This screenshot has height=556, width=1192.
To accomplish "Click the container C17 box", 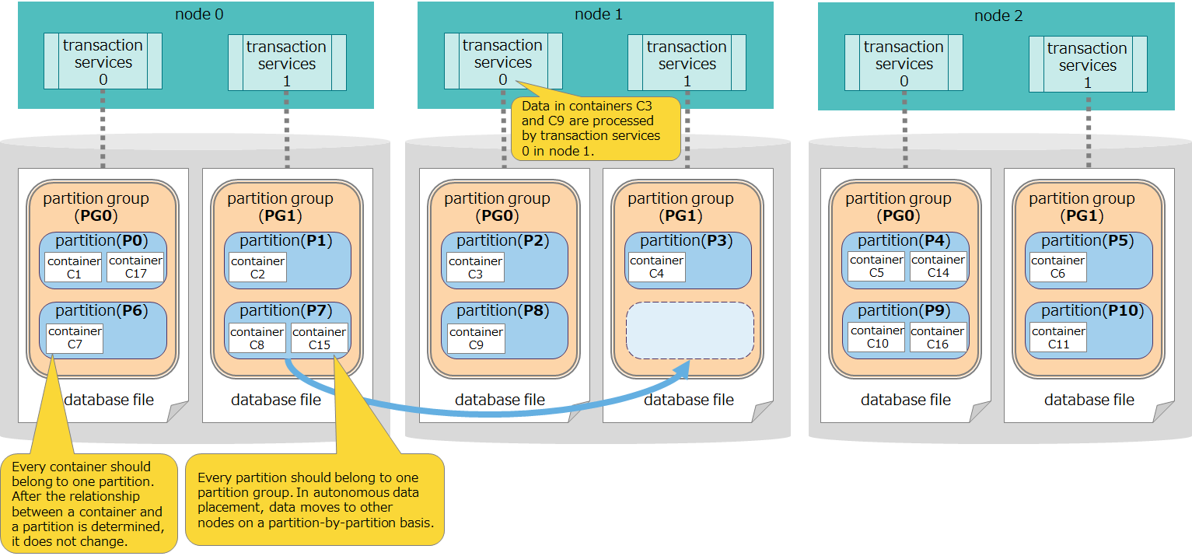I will click(x=136, y=267).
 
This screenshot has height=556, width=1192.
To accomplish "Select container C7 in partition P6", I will click(x=75, y=338).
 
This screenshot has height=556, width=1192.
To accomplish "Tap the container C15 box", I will click(x=319, y=338).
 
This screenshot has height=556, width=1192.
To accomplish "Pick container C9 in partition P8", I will click(x=476, y=338).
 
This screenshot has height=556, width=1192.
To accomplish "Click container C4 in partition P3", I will click(x=657, y=267).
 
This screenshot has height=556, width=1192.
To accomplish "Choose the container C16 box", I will click(x=938, y=337).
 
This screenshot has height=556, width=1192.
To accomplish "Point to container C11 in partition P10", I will click(x=1058, y=337).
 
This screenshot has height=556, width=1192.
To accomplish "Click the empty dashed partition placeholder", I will click(x=690, y=330).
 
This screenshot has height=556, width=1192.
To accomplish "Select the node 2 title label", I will click(x=998, y=16).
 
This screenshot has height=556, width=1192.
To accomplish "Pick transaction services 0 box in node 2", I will click(x=904, y=63).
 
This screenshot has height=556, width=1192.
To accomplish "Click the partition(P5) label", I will click(x=1087, y=241).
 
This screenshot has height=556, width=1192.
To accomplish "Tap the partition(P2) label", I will click(x=503, y=241).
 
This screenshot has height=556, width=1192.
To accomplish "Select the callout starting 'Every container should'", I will click(x=88, y=503).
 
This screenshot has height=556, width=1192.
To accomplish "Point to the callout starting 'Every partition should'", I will click(x=314, y=498).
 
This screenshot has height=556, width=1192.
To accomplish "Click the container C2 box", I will click(x=258, y=267).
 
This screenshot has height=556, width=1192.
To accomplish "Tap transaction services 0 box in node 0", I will click(x=103, y=61).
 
